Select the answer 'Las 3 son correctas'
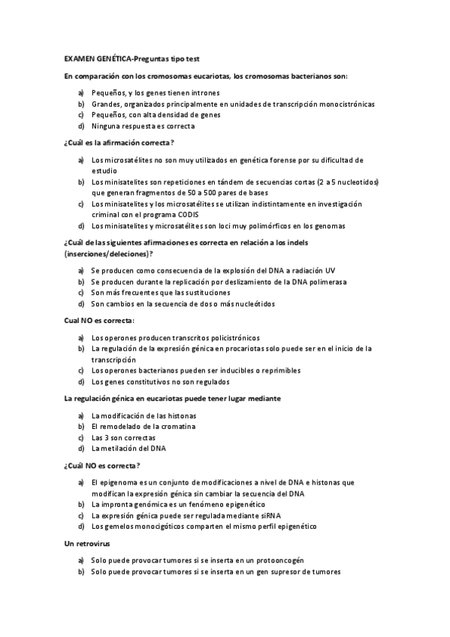(123, 437)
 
